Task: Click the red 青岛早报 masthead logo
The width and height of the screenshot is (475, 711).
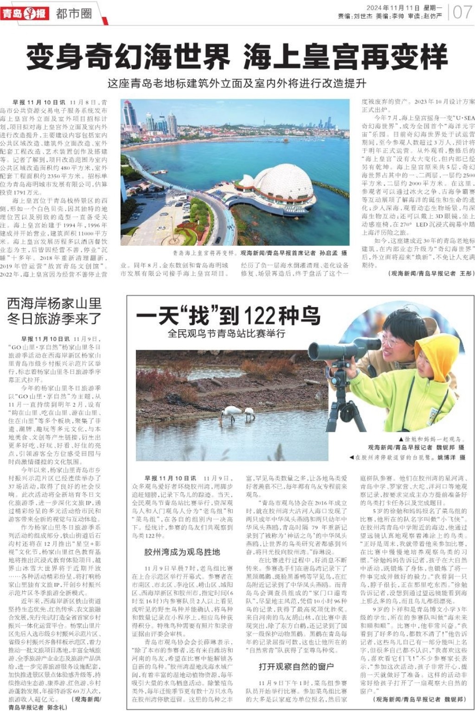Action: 24,13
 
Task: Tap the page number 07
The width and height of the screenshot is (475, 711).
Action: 462,12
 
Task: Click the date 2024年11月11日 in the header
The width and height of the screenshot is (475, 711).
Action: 393,7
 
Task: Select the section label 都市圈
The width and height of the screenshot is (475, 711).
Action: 74,13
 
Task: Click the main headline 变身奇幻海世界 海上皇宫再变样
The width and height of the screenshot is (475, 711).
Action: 237,57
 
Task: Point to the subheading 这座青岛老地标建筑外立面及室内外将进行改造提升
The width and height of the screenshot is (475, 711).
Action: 237,84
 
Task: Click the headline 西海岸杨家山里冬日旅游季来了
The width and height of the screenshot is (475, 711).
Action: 54,311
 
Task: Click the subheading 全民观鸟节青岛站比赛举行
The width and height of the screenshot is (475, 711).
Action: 226,333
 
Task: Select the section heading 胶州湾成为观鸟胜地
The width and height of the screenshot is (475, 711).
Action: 182,552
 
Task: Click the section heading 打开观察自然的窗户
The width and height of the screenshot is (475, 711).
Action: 296,666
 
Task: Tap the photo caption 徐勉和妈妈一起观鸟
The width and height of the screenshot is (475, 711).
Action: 431,439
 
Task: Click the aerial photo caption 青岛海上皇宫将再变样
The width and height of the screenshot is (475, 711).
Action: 204,253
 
